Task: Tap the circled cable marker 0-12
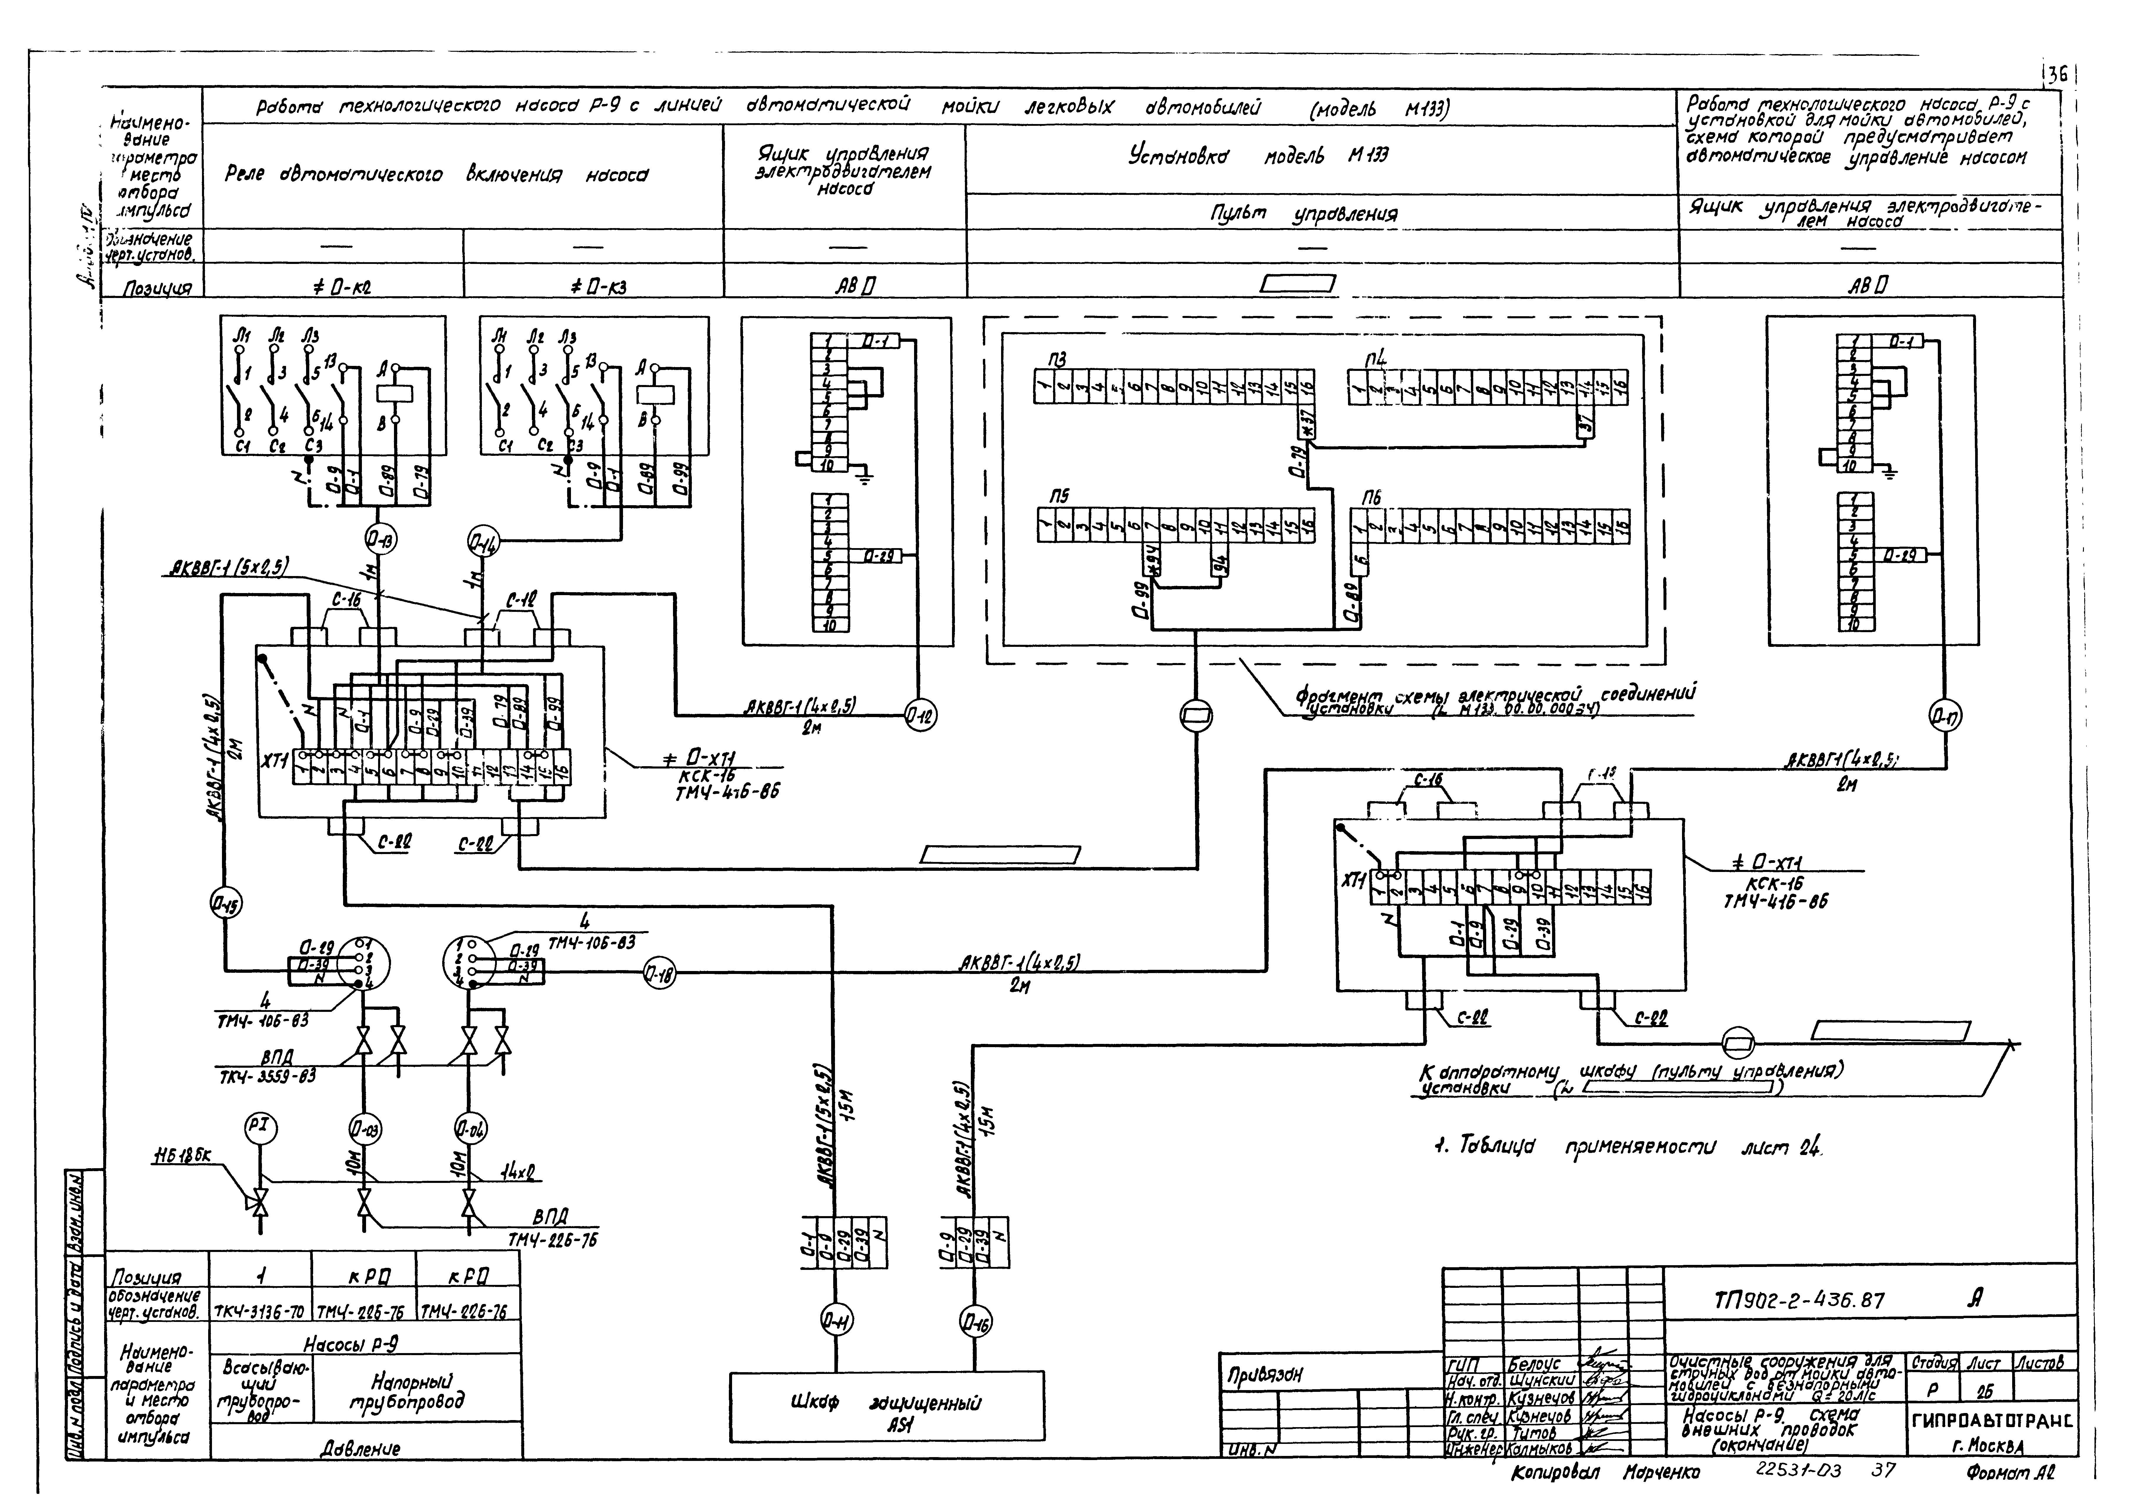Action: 920,716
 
